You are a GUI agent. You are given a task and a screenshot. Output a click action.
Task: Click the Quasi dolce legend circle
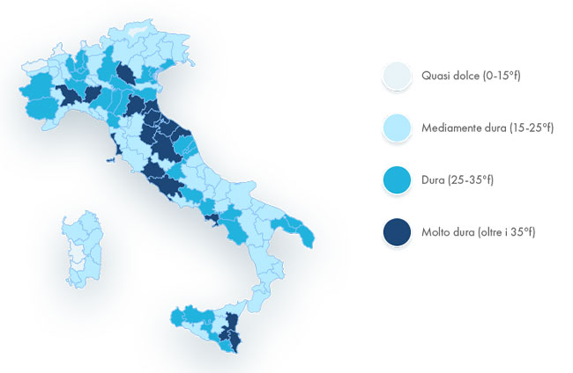point(398,77)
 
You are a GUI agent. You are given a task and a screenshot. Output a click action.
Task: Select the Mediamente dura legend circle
point(398,128)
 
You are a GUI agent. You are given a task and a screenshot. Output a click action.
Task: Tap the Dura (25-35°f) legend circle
point(398,180)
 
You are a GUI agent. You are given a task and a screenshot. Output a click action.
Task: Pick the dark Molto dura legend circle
point(398,232)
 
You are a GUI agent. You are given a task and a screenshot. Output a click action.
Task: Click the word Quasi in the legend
point(437,77)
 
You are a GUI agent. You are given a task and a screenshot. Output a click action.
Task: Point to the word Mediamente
point(451,128)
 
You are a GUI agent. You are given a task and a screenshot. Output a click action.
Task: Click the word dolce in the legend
point(466,77)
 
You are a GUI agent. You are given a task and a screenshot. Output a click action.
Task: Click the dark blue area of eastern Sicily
point(231,330)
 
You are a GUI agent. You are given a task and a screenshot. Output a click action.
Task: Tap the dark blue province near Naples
point(212,216)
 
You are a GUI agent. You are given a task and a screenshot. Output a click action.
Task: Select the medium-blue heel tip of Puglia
point(306,236)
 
